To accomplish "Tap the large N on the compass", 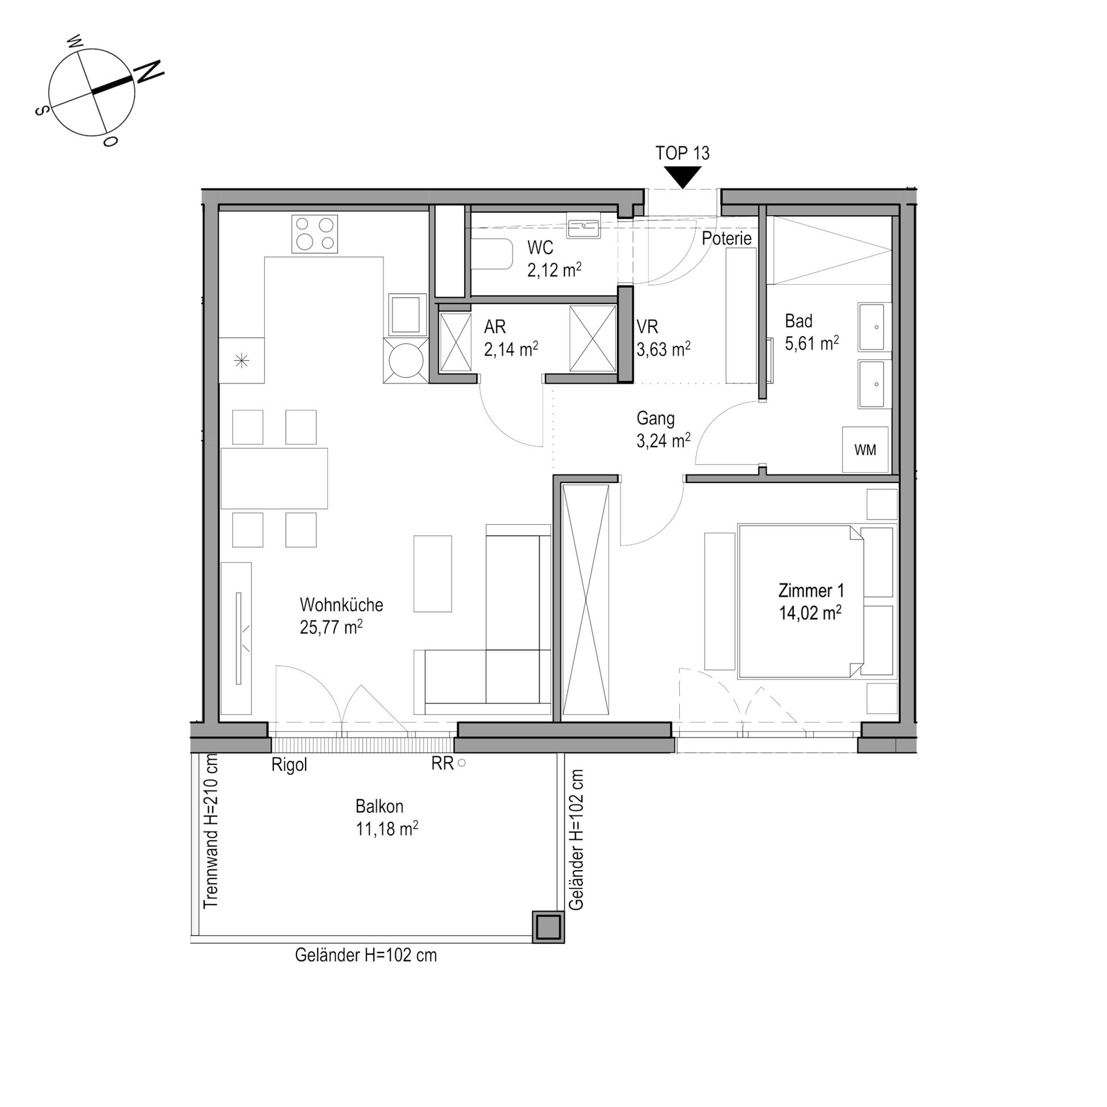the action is coord(149,71).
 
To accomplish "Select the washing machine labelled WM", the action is coord(865,450).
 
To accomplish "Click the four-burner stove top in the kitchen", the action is coord(314,234).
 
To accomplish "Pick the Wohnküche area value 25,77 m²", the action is coord(331,627).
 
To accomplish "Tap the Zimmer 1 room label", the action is coord(811,590).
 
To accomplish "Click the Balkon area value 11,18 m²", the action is coord(386,829).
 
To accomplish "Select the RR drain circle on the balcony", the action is coord(461,763).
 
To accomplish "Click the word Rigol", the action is coord(289,766).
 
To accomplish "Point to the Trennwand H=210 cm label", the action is coord(211,831).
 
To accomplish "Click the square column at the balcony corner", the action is coord(548,927).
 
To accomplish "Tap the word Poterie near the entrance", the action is coord(726,238).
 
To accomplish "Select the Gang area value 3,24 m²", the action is coord(664,441).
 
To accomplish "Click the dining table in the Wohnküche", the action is coord(274,478).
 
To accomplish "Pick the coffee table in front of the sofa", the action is coord(432,574).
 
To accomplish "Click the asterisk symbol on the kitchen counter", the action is coord(242,361).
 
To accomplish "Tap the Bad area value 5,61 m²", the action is coord(812,344).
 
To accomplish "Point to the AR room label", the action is coord(495,327).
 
